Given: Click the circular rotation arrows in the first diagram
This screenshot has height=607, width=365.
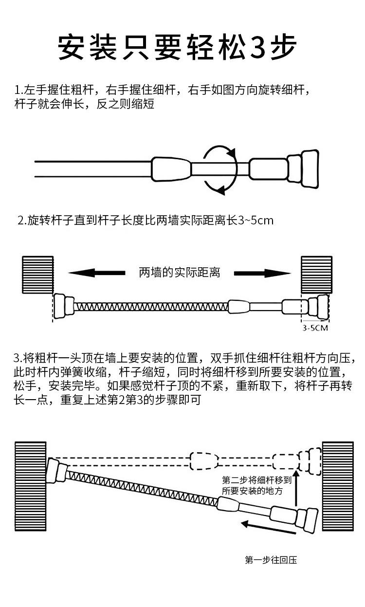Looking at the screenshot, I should pyautogui.click(x=220, y=169).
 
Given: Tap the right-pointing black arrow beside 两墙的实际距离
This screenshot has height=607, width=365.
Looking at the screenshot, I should pyautogui.click(x=262, y=273).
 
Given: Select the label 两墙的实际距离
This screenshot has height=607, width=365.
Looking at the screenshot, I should pyautogui.click(x=180, y=273).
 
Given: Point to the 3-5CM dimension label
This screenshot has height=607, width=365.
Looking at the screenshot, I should pyautogui.click(x=315, y=328).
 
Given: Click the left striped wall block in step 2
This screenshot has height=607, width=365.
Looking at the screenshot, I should pyautogui.click(x=37, y=275).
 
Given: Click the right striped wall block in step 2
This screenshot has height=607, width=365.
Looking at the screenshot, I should pyautogui.click(x=316, y=275).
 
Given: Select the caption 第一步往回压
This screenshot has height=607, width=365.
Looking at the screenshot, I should pyautogui.click(x=271, y=560).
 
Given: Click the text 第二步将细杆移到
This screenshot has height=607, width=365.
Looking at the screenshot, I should pyautogui.click(x=256, y=479).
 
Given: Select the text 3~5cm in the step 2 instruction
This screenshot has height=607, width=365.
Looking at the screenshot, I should pyautogui.click(x=256, y=221).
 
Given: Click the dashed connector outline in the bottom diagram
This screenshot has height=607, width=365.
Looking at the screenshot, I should pyautogui.click(x=203, y=461).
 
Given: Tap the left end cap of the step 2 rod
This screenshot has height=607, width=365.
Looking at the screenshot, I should pyautogui.click(x=61, y=306).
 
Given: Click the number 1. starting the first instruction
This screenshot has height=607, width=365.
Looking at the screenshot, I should pyautogui.click(x=19, y=91).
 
